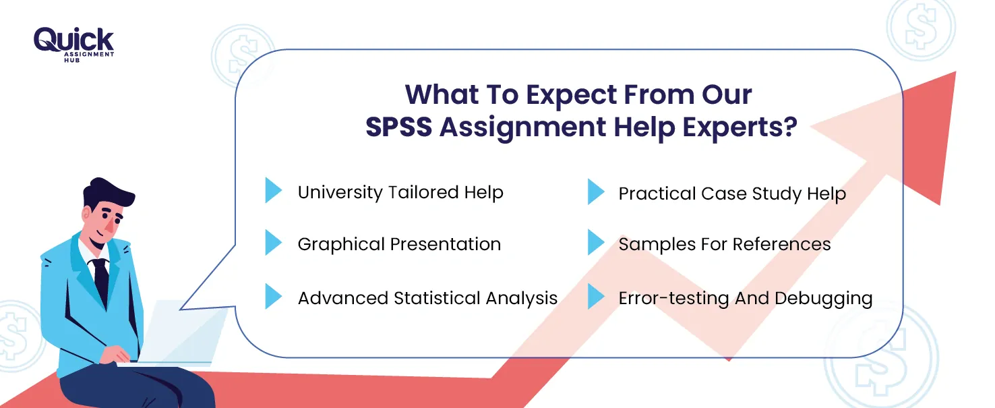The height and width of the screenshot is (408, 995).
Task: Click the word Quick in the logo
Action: tap(73, 40)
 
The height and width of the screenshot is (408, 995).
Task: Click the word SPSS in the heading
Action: tap(398, 127)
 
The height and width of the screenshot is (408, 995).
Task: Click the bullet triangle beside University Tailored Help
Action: tap(273, 190)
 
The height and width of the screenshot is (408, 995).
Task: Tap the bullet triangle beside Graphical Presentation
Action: tap(273, 242)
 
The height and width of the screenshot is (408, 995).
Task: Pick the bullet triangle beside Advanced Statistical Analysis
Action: tap(273, 296)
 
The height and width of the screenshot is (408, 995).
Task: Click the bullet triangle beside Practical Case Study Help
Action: tap(596, 192)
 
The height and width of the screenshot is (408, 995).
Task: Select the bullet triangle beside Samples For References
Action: tap(596, 242)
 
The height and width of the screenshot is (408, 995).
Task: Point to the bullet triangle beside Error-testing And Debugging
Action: tap(596, 296)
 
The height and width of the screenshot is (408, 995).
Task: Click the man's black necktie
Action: tap(101, 281)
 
